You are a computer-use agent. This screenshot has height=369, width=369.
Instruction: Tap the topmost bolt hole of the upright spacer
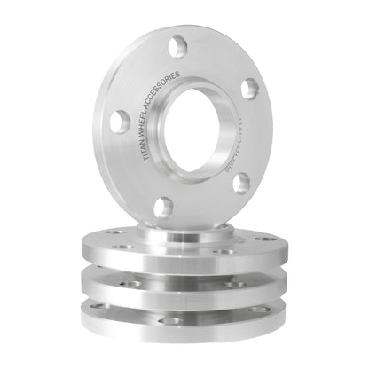pyautogui.click(x=180, y=46)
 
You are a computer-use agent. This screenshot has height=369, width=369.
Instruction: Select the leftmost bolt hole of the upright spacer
pyautogui.click(x=120, y=122)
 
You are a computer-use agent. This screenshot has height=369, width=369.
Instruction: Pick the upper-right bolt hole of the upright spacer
pyautogui.click(x=250, y=89)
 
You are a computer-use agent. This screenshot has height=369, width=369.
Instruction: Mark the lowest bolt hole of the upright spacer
pyautogui.click(x=162, y=207)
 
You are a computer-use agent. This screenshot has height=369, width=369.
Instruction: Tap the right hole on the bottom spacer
pyautogui.click(x=259, y=310)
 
